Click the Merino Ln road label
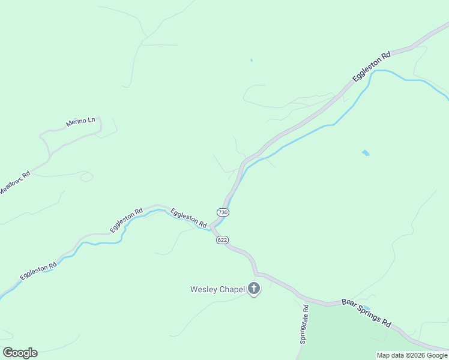tap(80, 123)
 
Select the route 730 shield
tap(223, 212)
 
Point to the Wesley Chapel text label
tap(217, 290)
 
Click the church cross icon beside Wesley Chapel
tap(254, 289)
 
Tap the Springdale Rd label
tap(305, 324)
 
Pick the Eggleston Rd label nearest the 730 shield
tap(188, 217)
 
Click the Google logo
tap(20, 352)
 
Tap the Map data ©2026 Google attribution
tap(412, 355)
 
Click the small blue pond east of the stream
tap(366, 153)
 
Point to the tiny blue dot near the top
tap(251, 60)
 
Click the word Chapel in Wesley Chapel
tap(231, 290)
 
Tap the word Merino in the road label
tap(76, 124)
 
